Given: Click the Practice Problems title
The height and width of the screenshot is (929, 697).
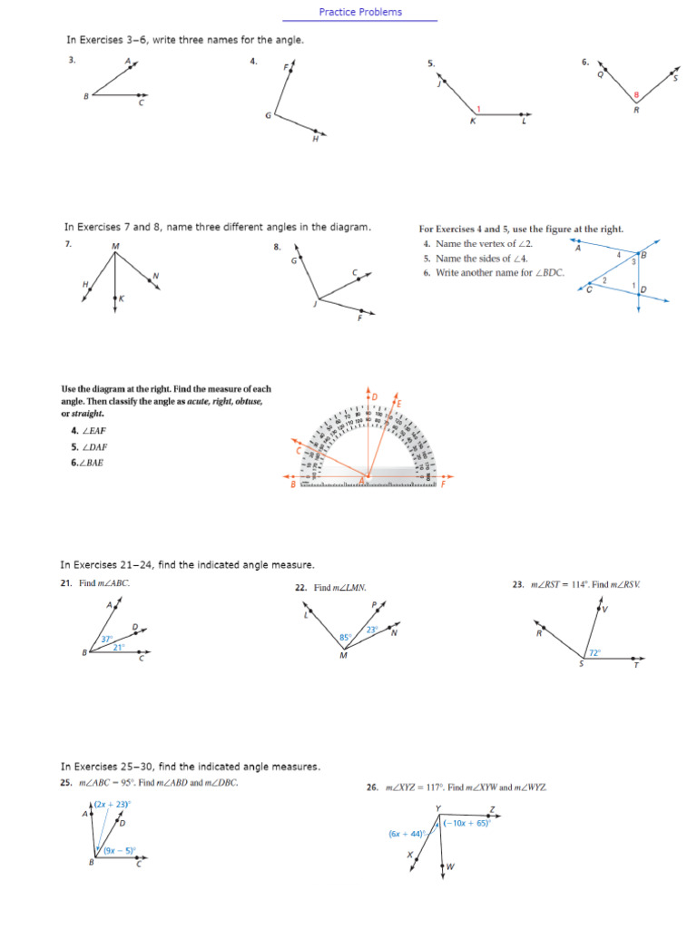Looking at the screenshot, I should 360,12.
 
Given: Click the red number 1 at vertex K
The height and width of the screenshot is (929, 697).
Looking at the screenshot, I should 479,110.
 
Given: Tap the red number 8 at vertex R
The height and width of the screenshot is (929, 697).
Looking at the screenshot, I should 637,95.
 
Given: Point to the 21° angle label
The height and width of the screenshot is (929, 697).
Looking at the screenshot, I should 119,648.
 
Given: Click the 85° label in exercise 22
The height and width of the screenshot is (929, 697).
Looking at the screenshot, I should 345,638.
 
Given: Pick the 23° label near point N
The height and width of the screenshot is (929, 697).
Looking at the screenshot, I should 372,630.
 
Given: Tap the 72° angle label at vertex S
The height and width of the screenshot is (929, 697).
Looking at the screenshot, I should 595,652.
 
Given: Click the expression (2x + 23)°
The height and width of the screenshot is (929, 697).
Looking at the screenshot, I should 113,804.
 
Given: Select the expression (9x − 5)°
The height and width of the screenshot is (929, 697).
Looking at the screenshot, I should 119,851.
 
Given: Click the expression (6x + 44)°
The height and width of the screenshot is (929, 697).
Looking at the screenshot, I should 407,833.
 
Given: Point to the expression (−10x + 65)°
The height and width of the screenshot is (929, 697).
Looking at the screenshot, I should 466,823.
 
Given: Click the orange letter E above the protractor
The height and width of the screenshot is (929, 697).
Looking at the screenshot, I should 399,402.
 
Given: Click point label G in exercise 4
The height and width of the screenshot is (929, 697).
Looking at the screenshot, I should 268,115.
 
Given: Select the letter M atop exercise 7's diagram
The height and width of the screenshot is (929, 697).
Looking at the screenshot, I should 115,246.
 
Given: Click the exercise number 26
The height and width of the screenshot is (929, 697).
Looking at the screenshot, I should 372,787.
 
